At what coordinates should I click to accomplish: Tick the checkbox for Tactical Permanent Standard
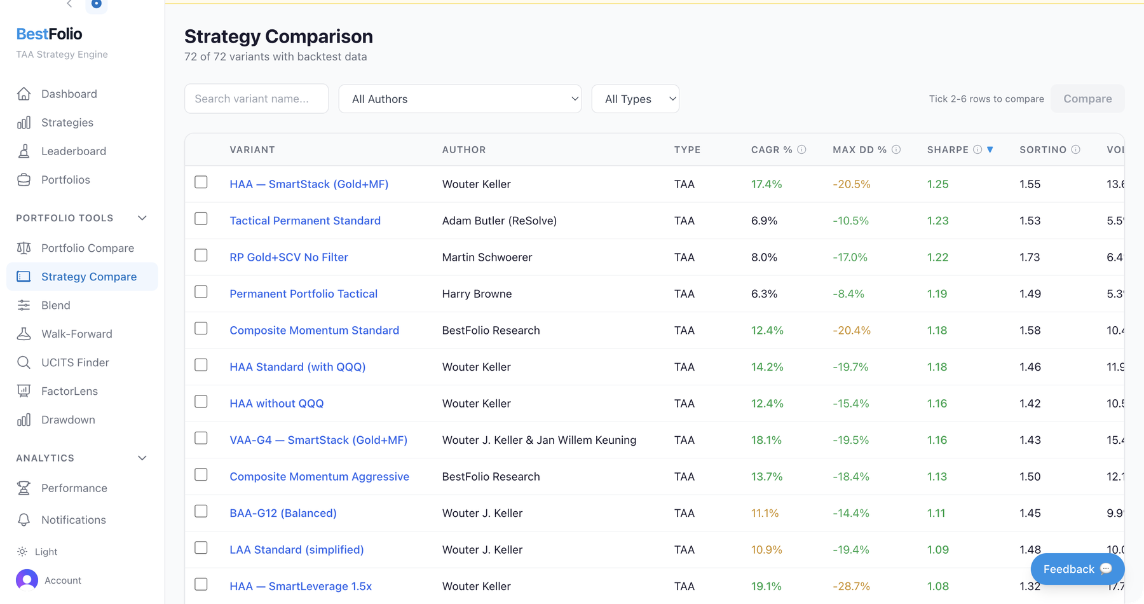click(x=201, y=219)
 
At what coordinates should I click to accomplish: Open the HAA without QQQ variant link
click(x=276, y=403)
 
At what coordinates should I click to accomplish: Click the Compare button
click(x=1087, y=99)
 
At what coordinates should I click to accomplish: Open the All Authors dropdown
click(x=460, y=99)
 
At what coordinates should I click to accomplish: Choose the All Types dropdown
click(x=635, y=99)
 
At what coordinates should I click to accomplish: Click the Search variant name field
click(x=256, y=99)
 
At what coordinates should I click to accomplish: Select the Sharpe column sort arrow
click(x=990, y=149)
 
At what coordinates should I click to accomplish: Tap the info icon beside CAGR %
click(x=801, y=149)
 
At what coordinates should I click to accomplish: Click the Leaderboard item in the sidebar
click(x=73, y=151)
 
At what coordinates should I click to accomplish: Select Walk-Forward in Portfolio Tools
click(x=76, y=334)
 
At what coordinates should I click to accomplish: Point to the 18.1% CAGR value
click(x=766, y=440)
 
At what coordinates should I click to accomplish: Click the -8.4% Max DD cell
click(x=848, y=294)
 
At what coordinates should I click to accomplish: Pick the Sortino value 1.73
click(x=1030, y=257)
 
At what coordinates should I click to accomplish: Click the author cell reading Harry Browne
click(x=477, y=294)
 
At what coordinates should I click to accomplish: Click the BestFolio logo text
click(x=49, y=34)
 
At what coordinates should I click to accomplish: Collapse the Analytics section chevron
click(x=142, y=458)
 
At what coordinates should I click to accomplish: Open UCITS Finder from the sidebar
click(x=75, y=362)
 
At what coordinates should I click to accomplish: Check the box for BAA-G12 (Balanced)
click(x=201, y=511)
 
